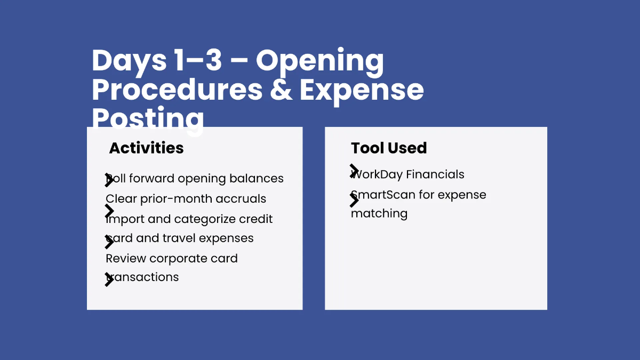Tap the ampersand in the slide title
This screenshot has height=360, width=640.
pos(281,90)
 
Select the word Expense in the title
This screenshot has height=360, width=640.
pos(362,90)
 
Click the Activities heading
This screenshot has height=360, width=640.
pos(146,148)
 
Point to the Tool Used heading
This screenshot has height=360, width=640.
pos(389,148)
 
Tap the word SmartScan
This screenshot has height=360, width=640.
pos(383,195)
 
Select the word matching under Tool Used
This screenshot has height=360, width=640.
pos(379,214)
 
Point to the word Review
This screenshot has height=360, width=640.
pos(126,259)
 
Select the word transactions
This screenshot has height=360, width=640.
pos(143,277)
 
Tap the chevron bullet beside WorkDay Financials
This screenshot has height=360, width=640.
pos(354,171)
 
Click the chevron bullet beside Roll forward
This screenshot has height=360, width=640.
pos(109,180)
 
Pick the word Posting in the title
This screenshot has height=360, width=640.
pos(148,118)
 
